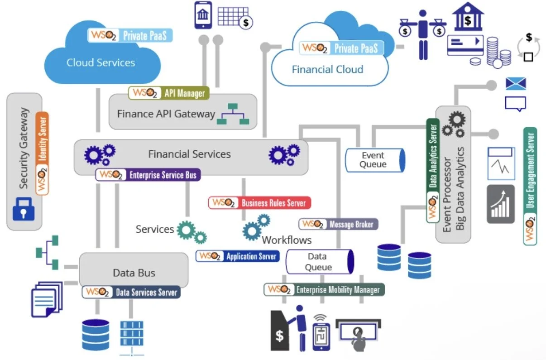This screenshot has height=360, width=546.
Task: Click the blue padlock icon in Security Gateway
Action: [24, 209]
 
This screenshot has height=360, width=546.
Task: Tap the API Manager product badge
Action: [169, 93]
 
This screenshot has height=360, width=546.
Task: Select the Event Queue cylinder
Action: [375, 160]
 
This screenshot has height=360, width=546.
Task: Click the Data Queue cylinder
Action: [320, 262]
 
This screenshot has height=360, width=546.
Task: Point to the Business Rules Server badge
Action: [259, 203]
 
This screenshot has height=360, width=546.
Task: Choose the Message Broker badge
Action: [338, 224]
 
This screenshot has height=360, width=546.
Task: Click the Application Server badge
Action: [238, 256]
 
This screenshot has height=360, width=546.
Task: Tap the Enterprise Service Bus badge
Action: [148, 175]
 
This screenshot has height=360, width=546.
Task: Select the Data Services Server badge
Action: [131, 292]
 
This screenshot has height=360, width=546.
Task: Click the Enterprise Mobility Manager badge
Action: [324, 289]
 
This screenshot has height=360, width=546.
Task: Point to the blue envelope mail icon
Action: [516, 84]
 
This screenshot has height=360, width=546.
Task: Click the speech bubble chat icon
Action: [516, 104]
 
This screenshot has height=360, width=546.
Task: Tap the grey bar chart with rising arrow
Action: [501, 204]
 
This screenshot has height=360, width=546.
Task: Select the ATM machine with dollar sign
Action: [280, 331]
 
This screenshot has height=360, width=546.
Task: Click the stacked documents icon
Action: [47, 299]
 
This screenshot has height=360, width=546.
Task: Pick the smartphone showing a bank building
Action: [203, 15]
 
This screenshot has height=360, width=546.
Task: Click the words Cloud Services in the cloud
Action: [101, 62]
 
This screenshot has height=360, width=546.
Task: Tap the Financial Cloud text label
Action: [328, 69]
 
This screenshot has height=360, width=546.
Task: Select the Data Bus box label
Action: [134, 273]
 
